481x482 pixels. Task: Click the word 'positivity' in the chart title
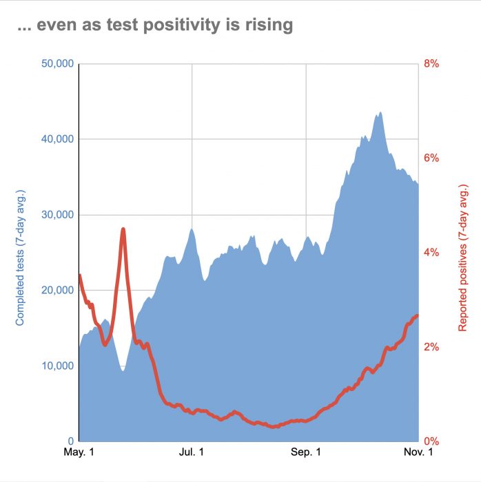coord(181,25)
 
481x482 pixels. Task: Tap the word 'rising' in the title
coord(269,25)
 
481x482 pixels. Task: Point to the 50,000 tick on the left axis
coord(57,63)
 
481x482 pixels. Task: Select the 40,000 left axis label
coord(57,139)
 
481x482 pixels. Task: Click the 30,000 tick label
coord(57,215)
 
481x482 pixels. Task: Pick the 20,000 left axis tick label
coord(57,290)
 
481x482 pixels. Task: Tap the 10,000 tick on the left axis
coord(58,366)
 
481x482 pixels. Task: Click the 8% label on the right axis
coord(431,63)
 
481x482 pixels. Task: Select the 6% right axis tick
coord(431,158)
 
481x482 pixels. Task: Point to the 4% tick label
coord(431,253)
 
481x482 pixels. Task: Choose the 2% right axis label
coord(431,347)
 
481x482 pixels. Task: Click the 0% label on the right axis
coord(431,441)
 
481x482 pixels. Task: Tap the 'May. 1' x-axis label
coord(79,452)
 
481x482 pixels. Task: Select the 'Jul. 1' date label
coord(192,452)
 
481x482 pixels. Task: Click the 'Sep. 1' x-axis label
coord(306,452)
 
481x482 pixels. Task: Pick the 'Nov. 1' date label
coord(418,452)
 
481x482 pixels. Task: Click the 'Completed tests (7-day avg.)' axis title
coord(20,258)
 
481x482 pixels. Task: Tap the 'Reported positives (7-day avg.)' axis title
coord(463,258)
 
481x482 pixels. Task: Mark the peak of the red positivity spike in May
coord(123,229)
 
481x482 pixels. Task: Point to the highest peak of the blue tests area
coord(380,112)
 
